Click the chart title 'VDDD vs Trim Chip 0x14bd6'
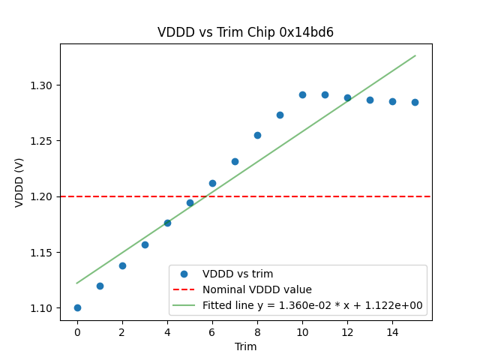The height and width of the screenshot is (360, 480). coord(245,32)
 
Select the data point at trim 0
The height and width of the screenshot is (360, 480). coord(77,307)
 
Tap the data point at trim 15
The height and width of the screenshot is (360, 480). coord(415,102)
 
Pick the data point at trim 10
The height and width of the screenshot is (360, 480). coord(302,94)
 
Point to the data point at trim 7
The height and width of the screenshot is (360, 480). coord(235,161)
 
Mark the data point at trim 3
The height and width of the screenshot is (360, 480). coord(145,244)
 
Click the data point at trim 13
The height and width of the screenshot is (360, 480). coord(370,100)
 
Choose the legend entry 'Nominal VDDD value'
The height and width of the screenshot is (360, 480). coord(257,289)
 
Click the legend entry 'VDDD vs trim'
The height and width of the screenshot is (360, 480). coord(238,274)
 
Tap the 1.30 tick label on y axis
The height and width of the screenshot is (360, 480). coord(43,85)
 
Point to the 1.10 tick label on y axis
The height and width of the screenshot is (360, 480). coord(43,307)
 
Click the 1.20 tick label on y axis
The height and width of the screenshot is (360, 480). coord(43,196)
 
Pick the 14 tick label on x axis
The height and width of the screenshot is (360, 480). coord(392,332)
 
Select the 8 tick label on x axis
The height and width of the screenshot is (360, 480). coord(257,332)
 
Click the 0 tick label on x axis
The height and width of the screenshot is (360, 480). coord(77,332)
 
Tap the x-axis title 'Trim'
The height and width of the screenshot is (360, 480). coord(245,346)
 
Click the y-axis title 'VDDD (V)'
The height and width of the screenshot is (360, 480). coord(19,183)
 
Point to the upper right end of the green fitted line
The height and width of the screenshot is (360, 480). coord(415,55)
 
